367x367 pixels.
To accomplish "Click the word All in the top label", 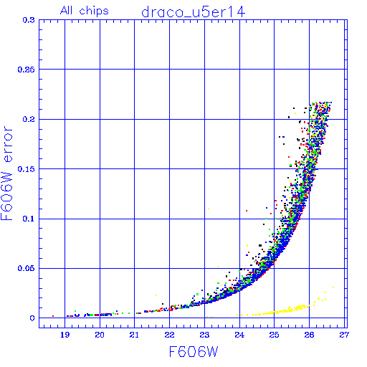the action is pyautogui.click(x=67, y=11).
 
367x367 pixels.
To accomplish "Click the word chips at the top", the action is pyautogui.click(x=94, y=11).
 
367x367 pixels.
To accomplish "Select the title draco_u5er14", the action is pyautogui.click(x=194, y=12).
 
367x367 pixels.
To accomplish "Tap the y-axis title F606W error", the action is pyautogui.click(x=6, y=173).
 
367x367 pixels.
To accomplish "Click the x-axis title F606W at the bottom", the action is pyautogui.click(x=194, y=351).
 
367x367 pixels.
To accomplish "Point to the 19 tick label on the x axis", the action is pyautogui.click(x=65, y=335).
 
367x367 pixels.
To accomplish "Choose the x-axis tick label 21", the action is pyautogui.click(x=134, y=335).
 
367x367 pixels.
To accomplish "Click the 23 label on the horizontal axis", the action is pyautogui.click(x=204, y=335).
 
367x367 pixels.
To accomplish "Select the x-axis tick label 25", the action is pyautogui.click(x=274, y=335).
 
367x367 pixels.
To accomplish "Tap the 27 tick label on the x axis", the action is pyautogui.click(x=344, y=335).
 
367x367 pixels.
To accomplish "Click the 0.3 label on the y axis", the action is pyautogui.click(x=29, y=20).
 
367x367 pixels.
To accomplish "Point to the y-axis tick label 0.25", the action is pyautogui.click(x=26, y=70).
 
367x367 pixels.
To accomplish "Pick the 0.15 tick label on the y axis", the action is pyautogui.click(x=26, y=169).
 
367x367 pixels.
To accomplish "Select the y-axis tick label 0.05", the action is pyautogui.click(x=26, y=268).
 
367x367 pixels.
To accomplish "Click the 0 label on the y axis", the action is pyautogui.click(x=32, y=318).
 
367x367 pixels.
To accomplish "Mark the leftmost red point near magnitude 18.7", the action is pyautogui.click(x=53, y=316).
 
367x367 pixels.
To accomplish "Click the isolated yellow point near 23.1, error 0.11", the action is pyautogui.click(x=209, y=209).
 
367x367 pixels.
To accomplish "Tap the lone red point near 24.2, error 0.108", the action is pyautogui.click(x=247, y=211).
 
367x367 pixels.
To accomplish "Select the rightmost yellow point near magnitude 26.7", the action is pyautogui.click(x=333, y=287).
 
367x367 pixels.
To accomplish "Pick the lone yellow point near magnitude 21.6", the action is pyautogui.click(x=156, y=295).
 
